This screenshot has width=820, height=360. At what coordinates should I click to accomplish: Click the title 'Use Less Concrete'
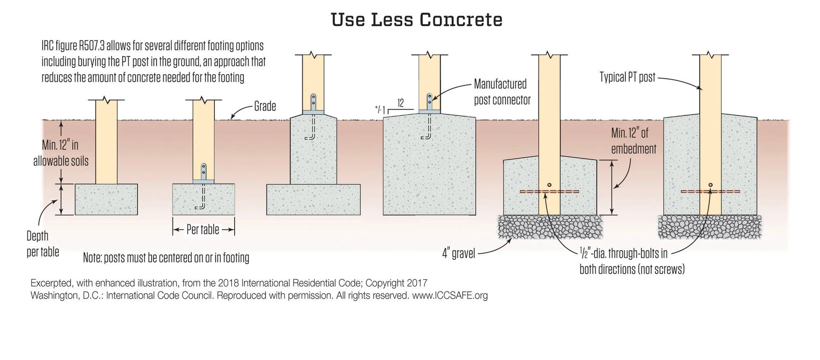point(417,20)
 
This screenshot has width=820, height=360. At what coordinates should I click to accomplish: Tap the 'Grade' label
point(265,107)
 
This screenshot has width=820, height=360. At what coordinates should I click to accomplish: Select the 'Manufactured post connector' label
point(502,92)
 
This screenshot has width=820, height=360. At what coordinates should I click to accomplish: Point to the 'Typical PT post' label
point(627,77)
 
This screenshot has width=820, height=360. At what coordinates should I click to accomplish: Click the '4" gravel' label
point(458,253)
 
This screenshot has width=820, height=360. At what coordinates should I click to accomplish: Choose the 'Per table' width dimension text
point(203,230)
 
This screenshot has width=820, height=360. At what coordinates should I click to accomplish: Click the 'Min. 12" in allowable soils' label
point(61,153)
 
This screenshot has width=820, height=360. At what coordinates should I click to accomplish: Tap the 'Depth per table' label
point(42,244)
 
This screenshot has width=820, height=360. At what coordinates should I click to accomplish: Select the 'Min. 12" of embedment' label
point(633,141)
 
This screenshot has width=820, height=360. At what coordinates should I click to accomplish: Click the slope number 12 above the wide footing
point(400,103)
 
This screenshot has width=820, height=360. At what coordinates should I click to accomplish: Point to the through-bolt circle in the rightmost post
point(711,185)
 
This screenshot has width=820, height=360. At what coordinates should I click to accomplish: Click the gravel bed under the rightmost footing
point(710,227)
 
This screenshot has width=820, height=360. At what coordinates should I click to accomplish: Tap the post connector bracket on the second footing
point(203,174)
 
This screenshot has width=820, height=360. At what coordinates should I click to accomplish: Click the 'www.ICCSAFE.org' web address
point(450,296)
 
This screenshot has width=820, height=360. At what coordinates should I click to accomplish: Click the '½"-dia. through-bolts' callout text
point(624,254)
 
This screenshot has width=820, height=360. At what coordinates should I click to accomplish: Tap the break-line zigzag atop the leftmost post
point(106,100)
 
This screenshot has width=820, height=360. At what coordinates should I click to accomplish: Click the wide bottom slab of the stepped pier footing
point(313,200)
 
